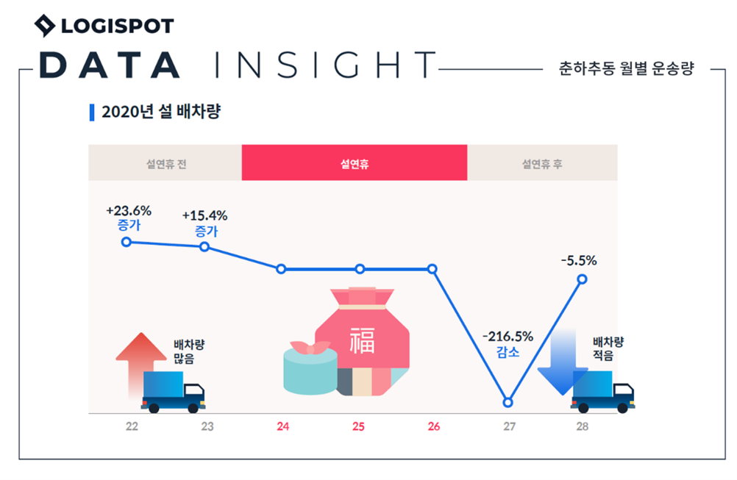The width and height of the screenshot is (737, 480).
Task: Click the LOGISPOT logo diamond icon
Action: click(x=46, y=26)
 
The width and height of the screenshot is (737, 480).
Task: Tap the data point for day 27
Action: click(x=508, y=403)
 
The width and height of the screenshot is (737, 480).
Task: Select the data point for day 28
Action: click(x=583, y=279)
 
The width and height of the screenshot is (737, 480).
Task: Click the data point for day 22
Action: click(x=127, y=242)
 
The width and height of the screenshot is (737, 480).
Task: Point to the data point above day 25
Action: click(x=360, y=269)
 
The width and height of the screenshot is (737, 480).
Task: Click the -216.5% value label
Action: click(x=508, y=337)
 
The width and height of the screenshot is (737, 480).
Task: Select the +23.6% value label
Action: click(x=129, y=211)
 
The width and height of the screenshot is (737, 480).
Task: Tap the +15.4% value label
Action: click(x=204, y=215)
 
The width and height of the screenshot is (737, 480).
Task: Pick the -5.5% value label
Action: click(x=578, y=260)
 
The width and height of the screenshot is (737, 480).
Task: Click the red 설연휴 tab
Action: click(x=355, y=163)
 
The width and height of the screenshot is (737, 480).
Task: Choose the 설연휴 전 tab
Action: click(x=165, y=163)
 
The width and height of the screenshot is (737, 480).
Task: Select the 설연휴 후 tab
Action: click(x=542, y=163)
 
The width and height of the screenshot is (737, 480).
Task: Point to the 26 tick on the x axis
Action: click(x=433, y=427)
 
